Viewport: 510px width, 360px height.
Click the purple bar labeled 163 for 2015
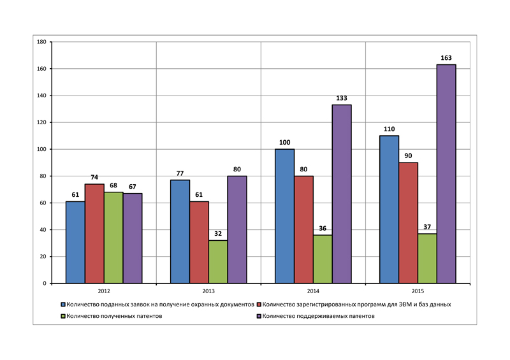(x=446, y=173)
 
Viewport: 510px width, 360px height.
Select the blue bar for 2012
(x=75, y=242)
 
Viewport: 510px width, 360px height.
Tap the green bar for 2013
(x=218, y=261)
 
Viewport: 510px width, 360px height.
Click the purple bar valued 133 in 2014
(x=342, y=194)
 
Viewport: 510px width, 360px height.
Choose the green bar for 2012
(x=113, y=237)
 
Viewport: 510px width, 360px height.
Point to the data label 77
(x=180, y=173)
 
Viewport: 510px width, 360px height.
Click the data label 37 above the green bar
(x=427, y=226)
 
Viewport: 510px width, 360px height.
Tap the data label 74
(x=94, y=176)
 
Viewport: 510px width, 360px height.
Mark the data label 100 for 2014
(x=284, y=141)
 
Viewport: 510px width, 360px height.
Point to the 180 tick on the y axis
(x=41, y=42)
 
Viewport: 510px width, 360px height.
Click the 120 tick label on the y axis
(x=41, y=122)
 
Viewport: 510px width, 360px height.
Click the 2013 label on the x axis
(x=208, y=291)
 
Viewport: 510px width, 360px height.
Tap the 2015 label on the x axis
(x=418, y=291)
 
